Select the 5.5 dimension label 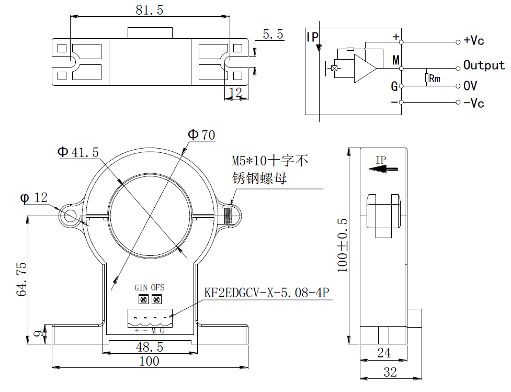pos(273,35)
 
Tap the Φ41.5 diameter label pos(78,152)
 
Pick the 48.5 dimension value pos(150,347)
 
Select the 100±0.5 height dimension pos(343,245)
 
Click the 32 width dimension pos(390,372)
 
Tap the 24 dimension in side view pos(384,353)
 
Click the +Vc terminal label pos(474,41)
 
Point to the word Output pos(484,65)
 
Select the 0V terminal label pos(470,85)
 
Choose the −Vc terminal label pos(474,103)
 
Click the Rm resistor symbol pos(427,78)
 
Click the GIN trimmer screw pos(143,299)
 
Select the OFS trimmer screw pos(156,299)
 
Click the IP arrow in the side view pos(382,169)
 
